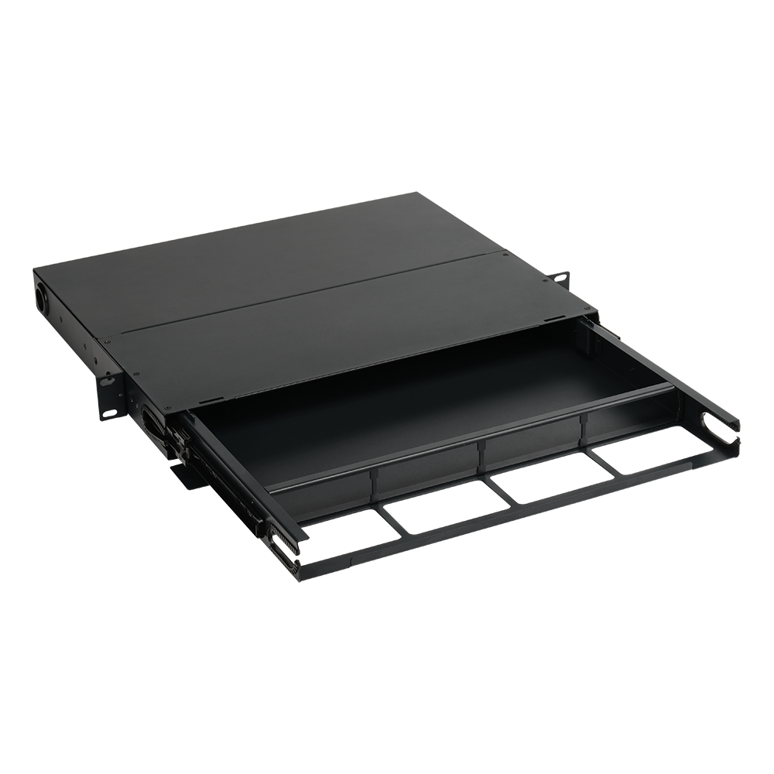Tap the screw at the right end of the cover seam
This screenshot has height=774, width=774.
(x=504, y=254)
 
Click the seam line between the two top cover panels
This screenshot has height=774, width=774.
(x=310, y=295)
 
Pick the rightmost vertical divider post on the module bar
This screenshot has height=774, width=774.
(x=584, y=425)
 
